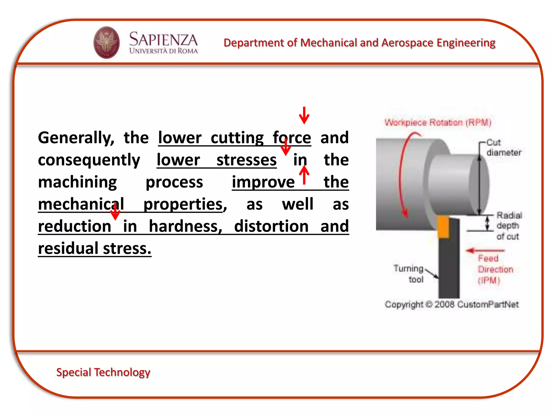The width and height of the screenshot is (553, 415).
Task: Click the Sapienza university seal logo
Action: tap(106, 42)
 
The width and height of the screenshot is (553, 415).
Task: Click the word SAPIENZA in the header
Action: tap(163, 39)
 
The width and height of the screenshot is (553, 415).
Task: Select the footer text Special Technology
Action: tap(103, 372)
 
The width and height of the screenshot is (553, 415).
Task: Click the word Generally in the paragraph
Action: tap(76, 138)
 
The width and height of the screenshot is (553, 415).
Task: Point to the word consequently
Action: tap(89, 160)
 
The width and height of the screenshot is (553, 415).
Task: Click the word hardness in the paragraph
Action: tap(185, 226)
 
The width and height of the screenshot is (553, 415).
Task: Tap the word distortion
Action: tap(271, 226)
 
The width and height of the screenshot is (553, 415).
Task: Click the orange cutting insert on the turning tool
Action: tap(443, 227)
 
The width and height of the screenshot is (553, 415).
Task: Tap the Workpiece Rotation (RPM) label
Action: tap(438, 122)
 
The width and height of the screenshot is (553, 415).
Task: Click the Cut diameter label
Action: tap(503, 148)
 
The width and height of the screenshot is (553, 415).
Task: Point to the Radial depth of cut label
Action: tap(509, 226)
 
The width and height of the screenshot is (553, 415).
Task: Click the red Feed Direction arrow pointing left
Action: tap(485, 250)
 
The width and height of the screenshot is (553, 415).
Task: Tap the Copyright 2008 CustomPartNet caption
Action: tap(451, 304)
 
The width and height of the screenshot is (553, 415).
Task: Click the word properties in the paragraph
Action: tap(183, 204)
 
